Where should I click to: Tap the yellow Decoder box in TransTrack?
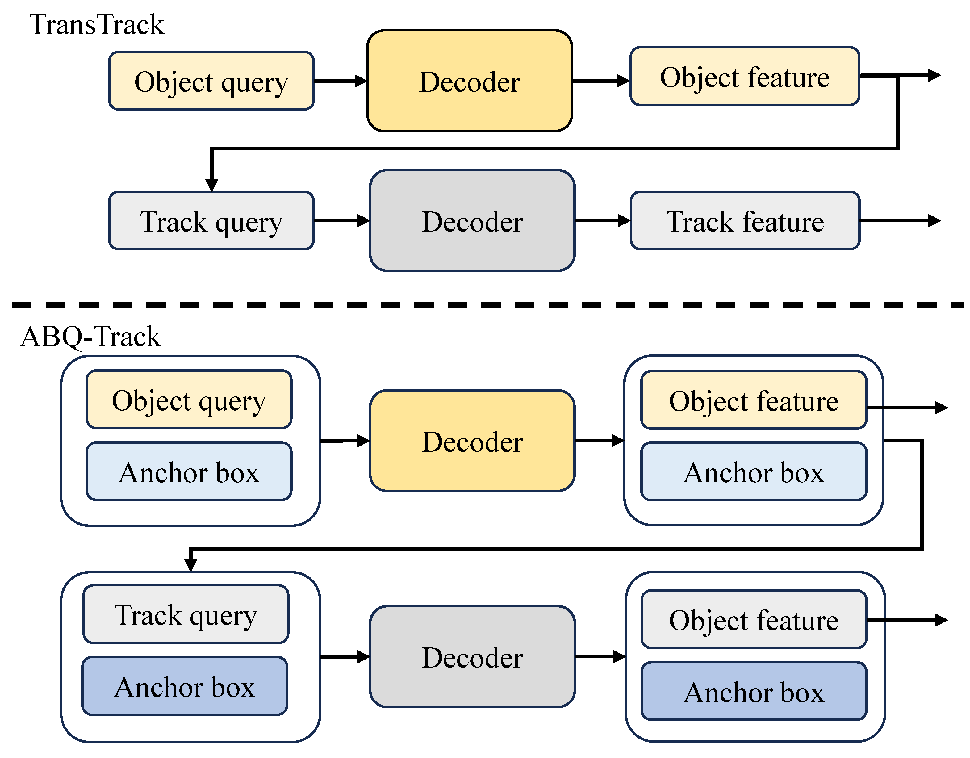(470, 81)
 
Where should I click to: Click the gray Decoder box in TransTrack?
(472, 221)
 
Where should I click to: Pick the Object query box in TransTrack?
(211, 81)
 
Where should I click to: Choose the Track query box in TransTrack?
(211, 221)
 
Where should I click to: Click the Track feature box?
(745, 221)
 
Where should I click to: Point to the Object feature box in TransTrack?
(745, 77)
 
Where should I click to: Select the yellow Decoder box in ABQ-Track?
(472, 441)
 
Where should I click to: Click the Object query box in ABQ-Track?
(189, 400)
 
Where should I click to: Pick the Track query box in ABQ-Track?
(186, 614)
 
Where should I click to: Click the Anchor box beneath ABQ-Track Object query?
(189, 471)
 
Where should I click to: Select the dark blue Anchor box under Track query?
(185, 686)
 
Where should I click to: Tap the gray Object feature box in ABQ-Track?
(754, 619)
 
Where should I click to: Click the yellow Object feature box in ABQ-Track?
(754, 400)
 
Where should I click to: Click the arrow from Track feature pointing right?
(901, 220)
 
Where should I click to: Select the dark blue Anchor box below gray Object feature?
(754, 691)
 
